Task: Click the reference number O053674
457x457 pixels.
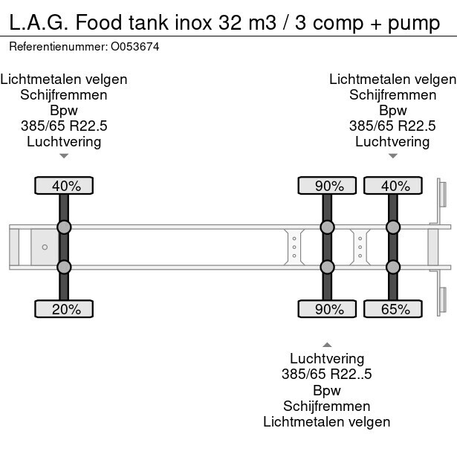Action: pyautogui.click(x=134, y=47)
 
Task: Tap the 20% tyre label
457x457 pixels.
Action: pyautogui.click(x=65, y=309)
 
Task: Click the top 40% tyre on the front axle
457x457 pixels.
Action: pyautogui.click(x=65, y=186)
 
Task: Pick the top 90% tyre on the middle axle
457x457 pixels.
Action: pyautogui.click(x=327, y=186)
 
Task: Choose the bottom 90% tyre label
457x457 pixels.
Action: pyautogui.click(x=327, y=309)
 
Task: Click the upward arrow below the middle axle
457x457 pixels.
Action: pyautogui.click(x=326, y=344)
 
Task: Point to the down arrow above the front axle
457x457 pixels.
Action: pyautogui.click(x=64, y=156)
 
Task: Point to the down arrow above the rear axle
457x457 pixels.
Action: pyautogui.click(x=392, y=156)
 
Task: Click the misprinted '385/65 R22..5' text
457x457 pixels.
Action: pyautogui.click(x=326, y=375)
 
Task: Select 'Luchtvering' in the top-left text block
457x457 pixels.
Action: pyautogui.click(x=64, y=141)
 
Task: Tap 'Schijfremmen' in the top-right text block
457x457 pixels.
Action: pyautogui.click(x=392, y=94)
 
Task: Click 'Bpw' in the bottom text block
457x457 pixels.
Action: pyautogui.click(x=326, y=390)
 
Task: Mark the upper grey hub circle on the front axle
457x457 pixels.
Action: pyautogui.click(x=65, y=227)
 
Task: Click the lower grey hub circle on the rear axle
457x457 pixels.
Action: pyautogui.click(x=392, y=267)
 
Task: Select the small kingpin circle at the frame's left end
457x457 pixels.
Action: pyautogui.click(x=45, y=247)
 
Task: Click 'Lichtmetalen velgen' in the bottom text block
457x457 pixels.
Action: pyautogui.click(x=326, y=421)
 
